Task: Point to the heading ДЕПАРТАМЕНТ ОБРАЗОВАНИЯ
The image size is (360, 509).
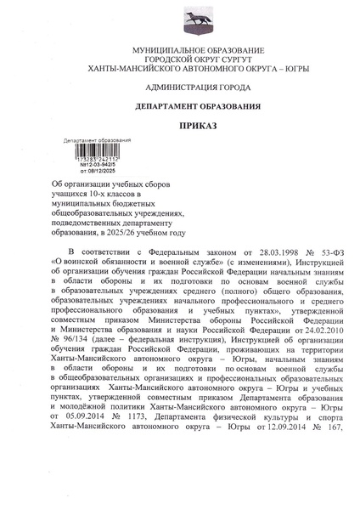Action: pyautogui.click(x=180, y=107)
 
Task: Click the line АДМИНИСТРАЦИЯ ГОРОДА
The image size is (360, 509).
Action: pyautogui.click(x=180, y=88)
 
